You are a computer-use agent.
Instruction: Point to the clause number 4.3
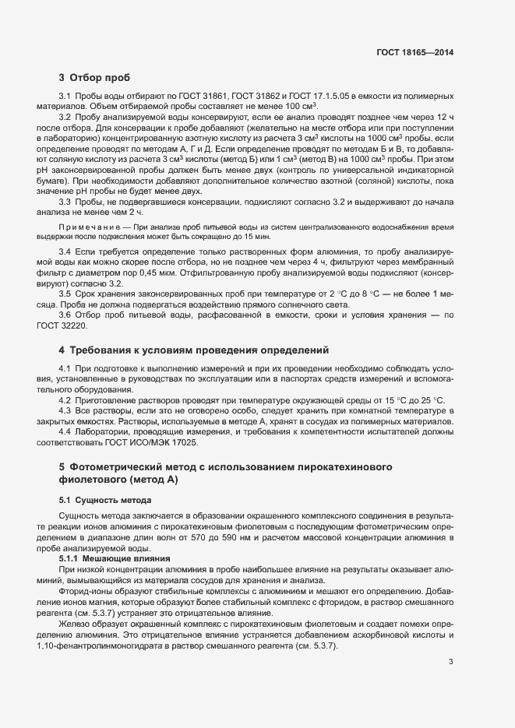tap(65, 410)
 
